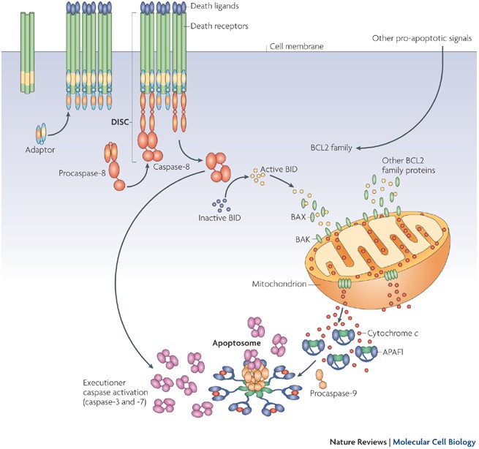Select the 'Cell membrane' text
tap(296, 47)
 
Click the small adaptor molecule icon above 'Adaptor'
tap(42, 133)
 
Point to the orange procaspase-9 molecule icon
tap(320, 378)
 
